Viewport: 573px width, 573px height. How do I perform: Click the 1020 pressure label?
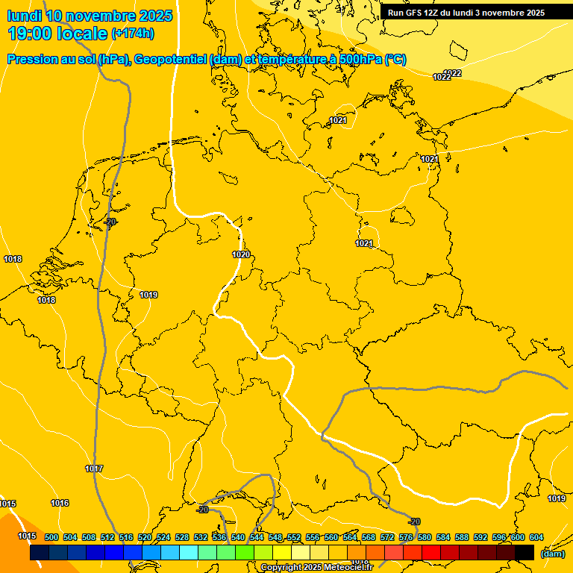241,254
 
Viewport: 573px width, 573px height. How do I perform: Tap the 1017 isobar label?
94,469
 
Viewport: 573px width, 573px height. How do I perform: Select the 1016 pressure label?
60,503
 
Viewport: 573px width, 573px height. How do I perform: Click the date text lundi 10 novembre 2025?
90,16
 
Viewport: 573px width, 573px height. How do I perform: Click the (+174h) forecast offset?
133,34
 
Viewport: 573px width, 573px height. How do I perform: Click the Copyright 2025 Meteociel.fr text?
316,568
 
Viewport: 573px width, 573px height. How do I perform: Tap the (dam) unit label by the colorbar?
553,554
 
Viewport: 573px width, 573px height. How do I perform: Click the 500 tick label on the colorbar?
51,537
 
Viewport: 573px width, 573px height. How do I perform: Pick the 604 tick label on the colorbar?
536,537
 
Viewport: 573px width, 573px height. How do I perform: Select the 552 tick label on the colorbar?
294,537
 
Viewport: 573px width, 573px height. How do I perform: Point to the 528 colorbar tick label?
182,537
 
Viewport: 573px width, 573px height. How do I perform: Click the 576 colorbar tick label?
406,537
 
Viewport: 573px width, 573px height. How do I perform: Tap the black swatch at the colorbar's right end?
525,552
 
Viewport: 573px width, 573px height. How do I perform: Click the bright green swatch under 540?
244,552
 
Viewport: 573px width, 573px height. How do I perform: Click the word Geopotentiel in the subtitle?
169,60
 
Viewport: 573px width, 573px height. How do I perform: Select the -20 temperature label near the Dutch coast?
111,222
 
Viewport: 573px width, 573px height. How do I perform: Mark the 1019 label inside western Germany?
148,295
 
